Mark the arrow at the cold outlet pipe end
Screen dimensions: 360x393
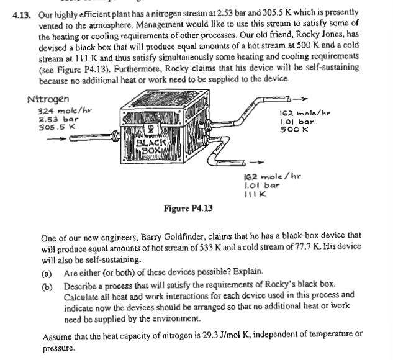264,163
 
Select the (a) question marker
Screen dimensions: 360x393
48,272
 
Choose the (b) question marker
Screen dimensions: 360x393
48,284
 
